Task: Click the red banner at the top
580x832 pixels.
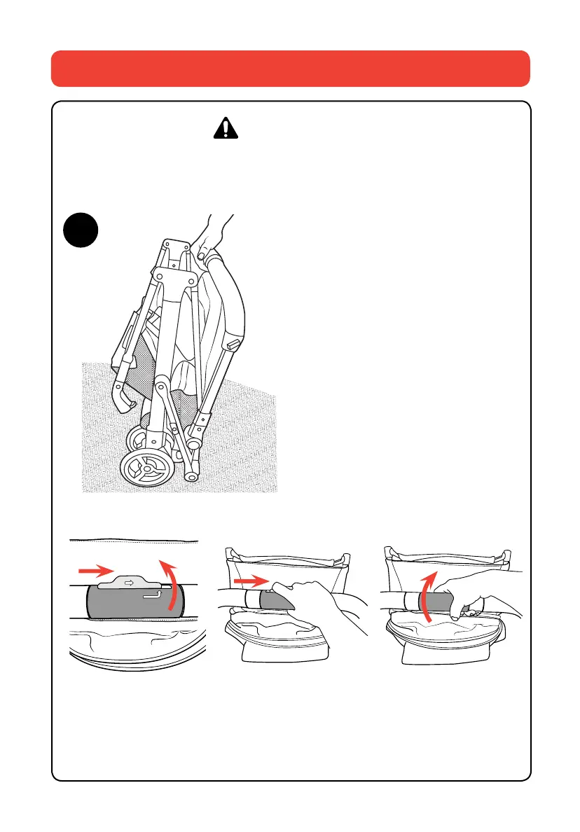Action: pos(290,68)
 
